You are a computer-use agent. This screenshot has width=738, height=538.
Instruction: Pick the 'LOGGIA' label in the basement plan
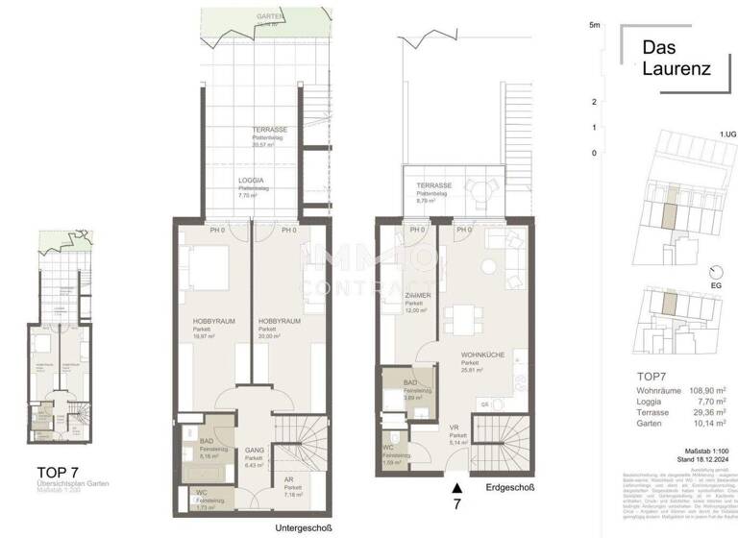tap(253, 180)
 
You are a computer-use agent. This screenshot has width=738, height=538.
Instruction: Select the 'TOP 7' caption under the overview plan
tap(58, 471)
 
